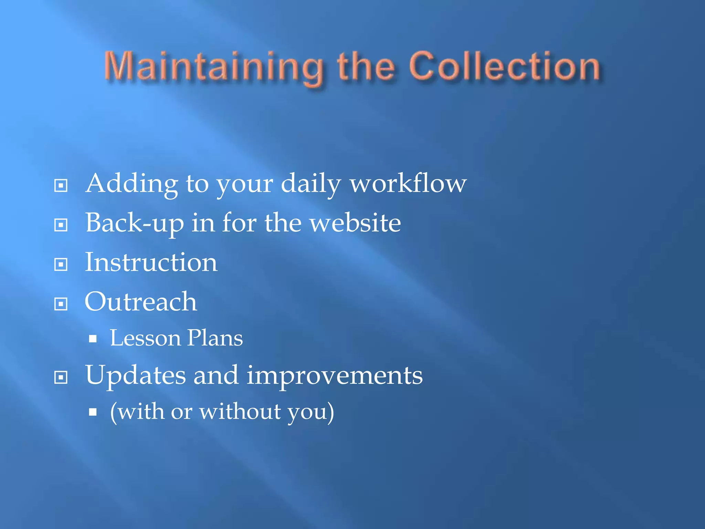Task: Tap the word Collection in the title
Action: click(505, 66)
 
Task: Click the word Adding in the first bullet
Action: click(131, 184)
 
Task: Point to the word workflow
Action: click(408, 183)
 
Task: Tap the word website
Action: click(355, 223)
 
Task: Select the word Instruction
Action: click(151, 262)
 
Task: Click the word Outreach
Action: click(141, 302)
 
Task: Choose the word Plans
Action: click(215, 338)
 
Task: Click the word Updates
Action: click(135, 376)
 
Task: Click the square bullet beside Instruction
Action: click(61, 264)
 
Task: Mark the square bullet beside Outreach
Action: click(61, 304)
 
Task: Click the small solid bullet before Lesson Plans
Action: click(93, 339)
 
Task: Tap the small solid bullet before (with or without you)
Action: click(93, 412)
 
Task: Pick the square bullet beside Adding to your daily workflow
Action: click(61, 186)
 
